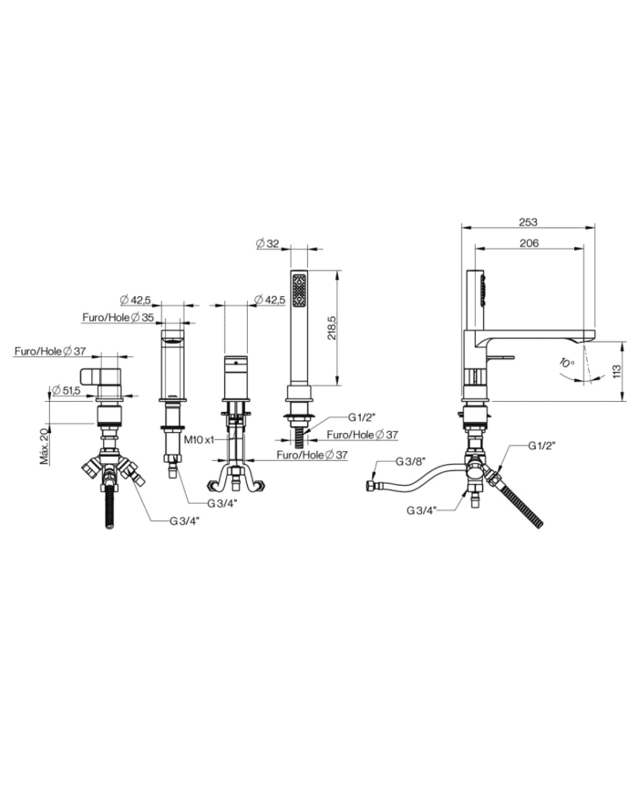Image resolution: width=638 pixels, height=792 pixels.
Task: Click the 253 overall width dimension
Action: (x=528, y=221)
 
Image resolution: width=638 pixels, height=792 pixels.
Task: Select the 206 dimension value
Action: (x=529, y=243)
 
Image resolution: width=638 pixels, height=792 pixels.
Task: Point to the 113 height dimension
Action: (x=616, y=371)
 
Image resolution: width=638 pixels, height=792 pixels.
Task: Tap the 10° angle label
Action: (x=567, y=363)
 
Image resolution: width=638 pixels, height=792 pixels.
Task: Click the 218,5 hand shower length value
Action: (x=332, y=328)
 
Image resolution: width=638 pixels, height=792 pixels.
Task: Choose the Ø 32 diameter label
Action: (x=267, y=243)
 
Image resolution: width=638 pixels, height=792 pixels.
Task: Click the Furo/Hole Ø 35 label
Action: (x=118, y=318)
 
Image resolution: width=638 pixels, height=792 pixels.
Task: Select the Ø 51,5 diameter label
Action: (x=67, y=390)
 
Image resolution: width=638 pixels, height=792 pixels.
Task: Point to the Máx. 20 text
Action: (x=46, y=445)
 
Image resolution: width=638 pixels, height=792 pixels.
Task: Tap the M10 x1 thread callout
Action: (x=199, y=440)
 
